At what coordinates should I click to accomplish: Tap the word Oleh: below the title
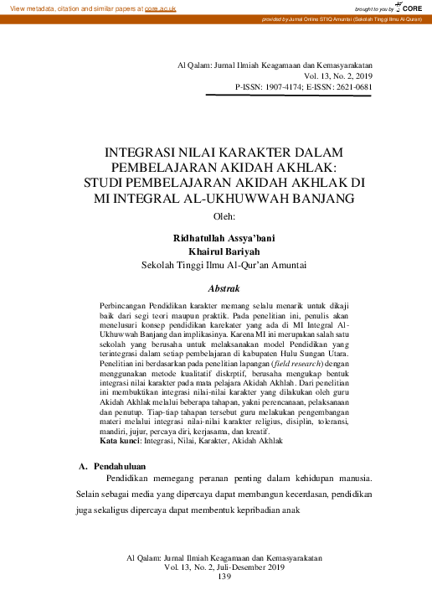pyautogui.click(x=226, y=215)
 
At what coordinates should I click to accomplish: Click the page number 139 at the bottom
pyautogui.click(x=224, y=577)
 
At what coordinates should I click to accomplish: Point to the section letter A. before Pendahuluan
pyautogui.click(x=83, y=465)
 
